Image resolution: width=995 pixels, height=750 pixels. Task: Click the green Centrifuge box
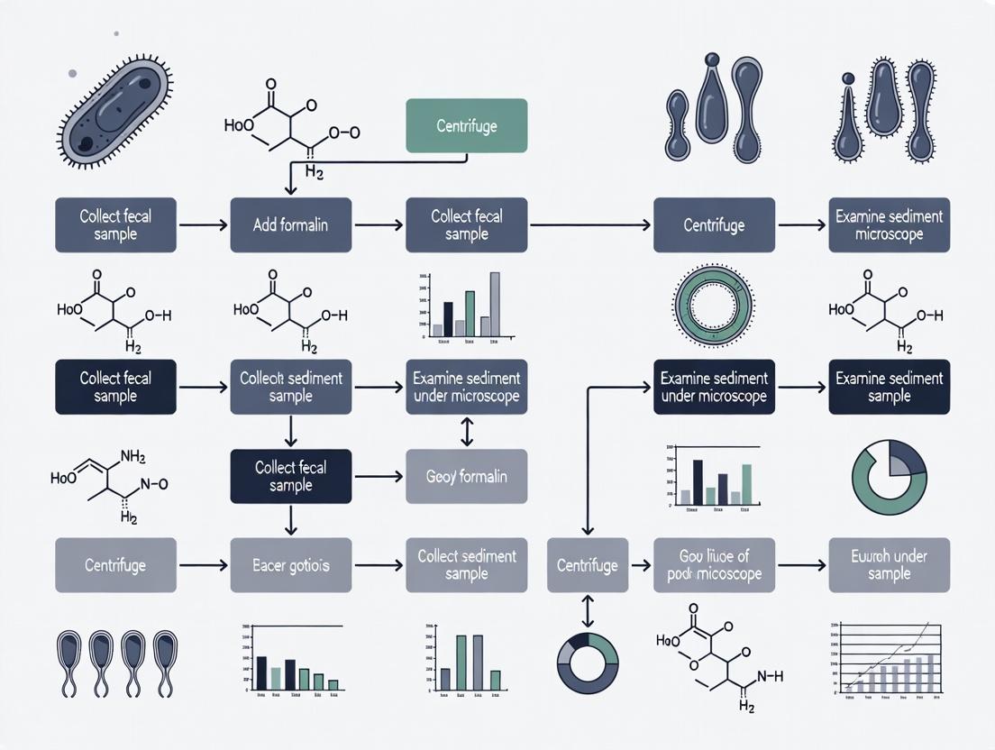(x=466, y=126)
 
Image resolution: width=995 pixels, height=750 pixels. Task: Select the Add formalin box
(x=290, y=224)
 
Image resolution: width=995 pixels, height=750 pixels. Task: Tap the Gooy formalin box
(x=466, y=476)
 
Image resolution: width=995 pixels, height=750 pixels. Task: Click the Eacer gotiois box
(x=290, y=565)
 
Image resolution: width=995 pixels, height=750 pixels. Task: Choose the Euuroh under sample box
(x=889, y=565)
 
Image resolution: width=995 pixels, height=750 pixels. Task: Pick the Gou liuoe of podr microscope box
(x=714, y=565)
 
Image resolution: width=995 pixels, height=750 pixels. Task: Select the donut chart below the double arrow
(x=587, y=663)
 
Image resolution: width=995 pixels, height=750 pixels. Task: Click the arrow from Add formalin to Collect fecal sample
(x=378, y=224)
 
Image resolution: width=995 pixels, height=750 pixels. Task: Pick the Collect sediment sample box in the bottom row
(x=466, y=565)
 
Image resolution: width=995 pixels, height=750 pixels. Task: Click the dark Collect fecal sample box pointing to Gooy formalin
(x=290, y=476)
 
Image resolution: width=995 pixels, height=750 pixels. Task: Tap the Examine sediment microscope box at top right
(x=889, y=224)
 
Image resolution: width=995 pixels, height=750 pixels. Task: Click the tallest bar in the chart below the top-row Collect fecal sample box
(x=494, y=304)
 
